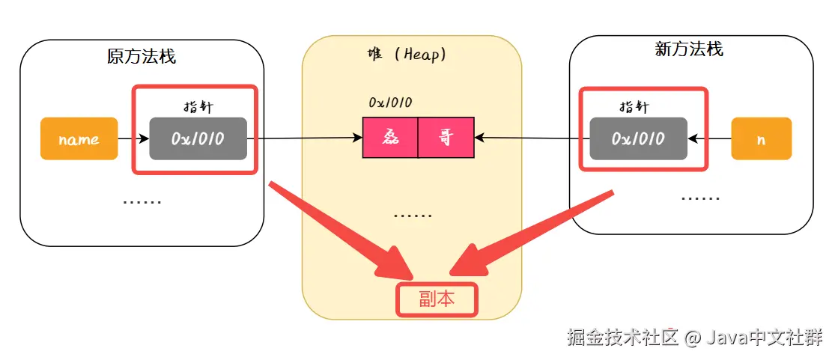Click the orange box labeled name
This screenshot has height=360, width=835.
point(79,138)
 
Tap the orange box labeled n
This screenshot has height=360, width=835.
point(761,138)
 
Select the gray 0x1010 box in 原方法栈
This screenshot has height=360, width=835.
point(198,138)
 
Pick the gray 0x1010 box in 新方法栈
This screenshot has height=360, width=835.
point(638,138)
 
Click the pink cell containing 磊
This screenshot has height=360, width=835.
point(390,138)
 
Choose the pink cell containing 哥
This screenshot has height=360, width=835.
point(446,138)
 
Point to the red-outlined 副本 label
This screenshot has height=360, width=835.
point(436,299)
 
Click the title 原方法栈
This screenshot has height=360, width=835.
point(142,55)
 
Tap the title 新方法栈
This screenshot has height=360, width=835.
point(689,49)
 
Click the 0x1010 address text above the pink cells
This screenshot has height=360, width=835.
point(390,103)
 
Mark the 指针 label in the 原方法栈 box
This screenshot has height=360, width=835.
point(198,106)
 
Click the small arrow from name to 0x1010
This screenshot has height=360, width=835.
point(133,138)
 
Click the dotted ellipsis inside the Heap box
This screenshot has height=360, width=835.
point(413,216)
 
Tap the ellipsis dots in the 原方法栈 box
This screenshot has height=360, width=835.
point(142,201)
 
